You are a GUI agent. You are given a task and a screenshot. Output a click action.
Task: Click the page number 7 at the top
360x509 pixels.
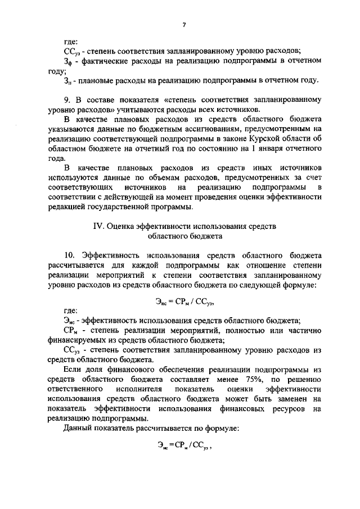point(184,25)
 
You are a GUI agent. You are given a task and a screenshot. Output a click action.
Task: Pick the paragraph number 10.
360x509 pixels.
point(69,255)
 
